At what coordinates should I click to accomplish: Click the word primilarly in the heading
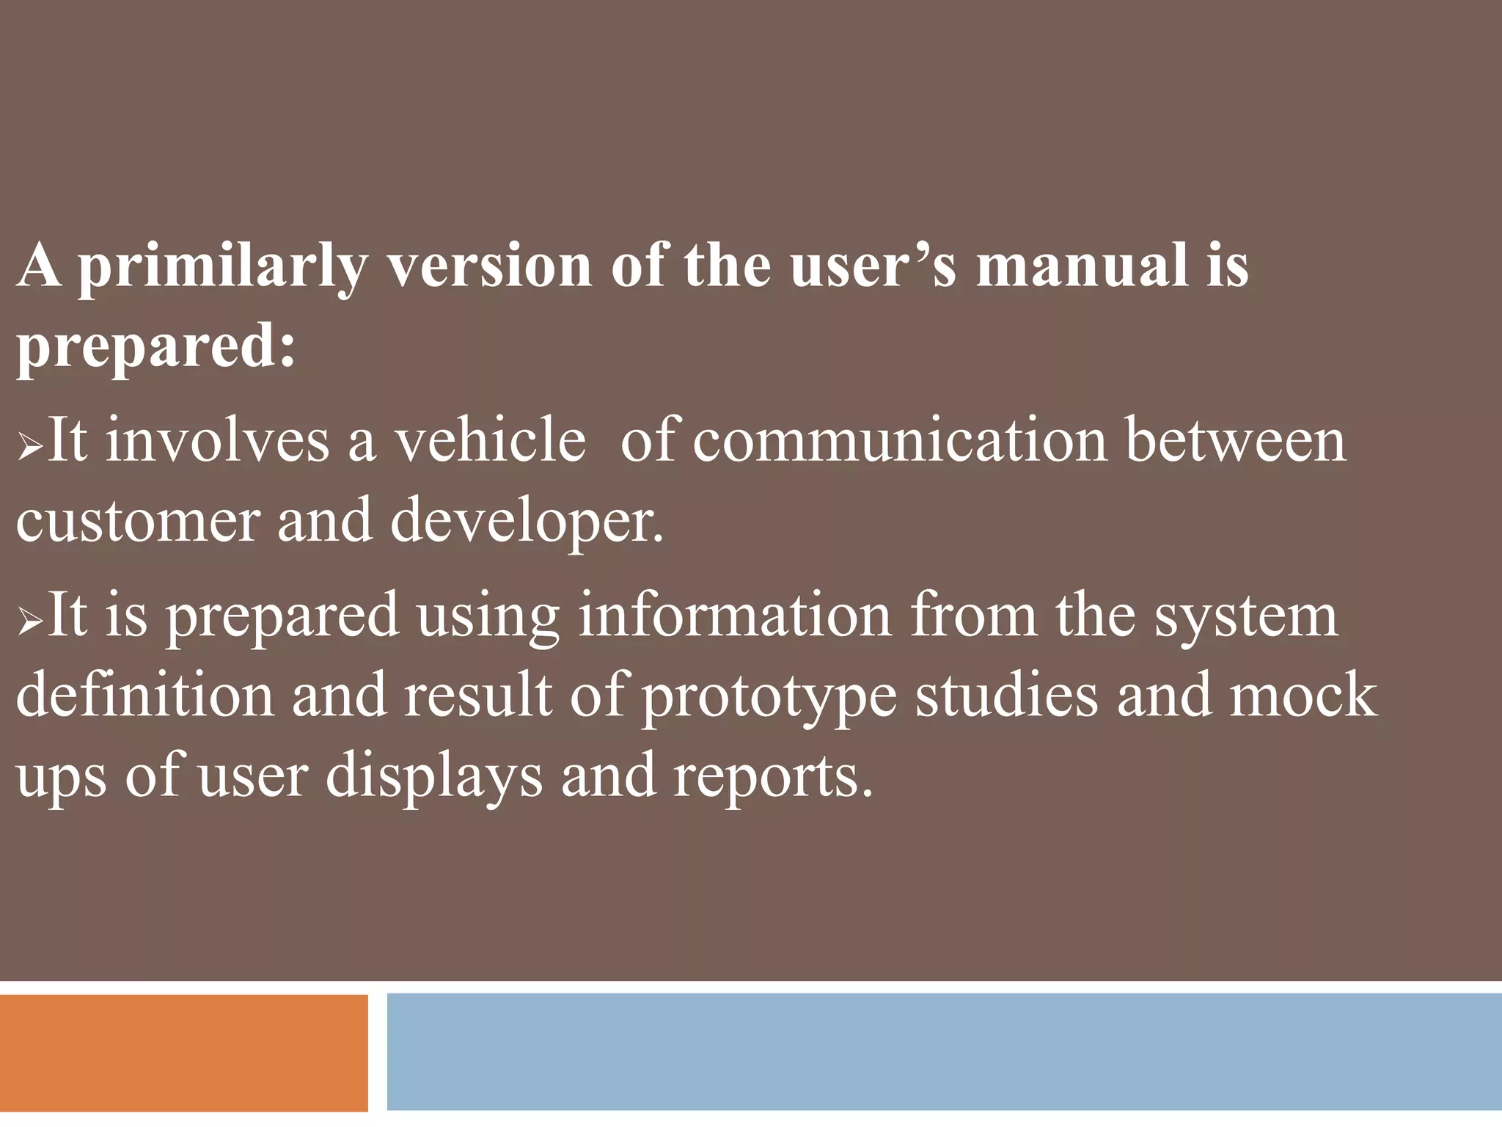pos(220,268)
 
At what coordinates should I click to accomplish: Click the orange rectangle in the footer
pos(183,1052)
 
